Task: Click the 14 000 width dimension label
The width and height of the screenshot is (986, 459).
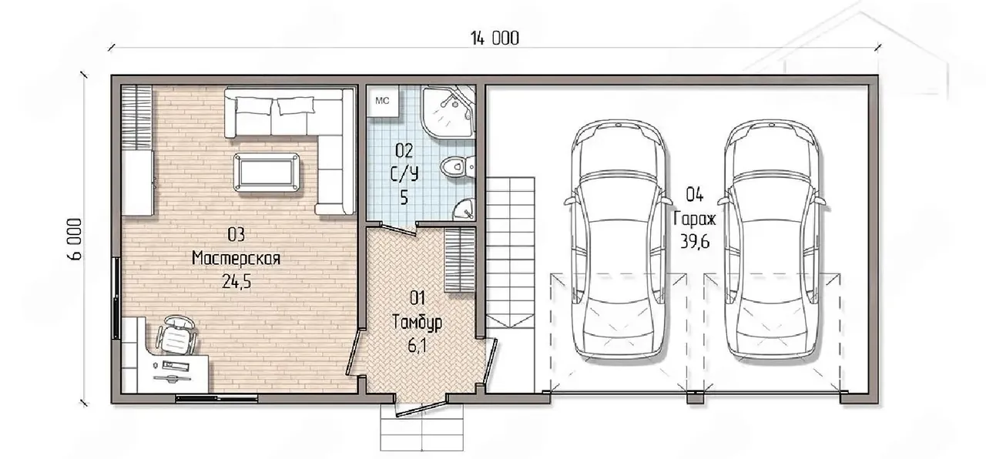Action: coord(495,39)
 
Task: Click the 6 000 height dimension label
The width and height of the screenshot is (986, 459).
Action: coord(75,240)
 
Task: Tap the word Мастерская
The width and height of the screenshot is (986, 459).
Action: coord(236,258)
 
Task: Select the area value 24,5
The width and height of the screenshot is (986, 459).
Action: coord(236,282)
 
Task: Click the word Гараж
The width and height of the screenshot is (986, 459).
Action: coord(695,219)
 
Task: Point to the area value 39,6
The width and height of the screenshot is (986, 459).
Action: coord(695,242)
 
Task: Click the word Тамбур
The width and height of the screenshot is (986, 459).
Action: coord(417,323)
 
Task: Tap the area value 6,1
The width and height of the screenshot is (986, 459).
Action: coord(417,346)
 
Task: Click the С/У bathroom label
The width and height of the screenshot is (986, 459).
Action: coord(404,174)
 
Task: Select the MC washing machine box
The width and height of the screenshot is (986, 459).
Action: coord(383,101)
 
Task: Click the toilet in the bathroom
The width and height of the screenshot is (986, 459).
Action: coord(458,167)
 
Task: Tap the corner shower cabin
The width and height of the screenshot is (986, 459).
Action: coord(448,112)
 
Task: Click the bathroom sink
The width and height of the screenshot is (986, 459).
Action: coord(464,209)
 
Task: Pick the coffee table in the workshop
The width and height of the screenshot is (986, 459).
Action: coord(267,172)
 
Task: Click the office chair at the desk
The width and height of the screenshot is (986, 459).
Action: coord(176,334)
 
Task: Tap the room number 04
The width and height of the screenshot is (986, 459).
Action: coord(695,195)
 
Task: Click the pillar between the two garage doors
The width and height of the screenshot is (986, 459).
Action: coord(695,397)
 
